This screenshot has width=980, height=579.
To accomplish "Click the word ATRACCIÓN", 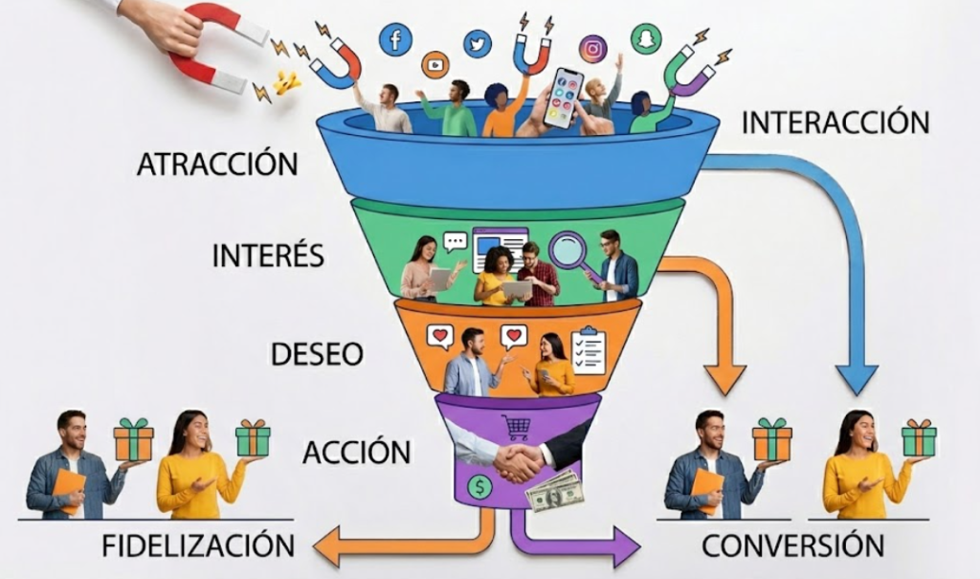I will click(x=217, y=163).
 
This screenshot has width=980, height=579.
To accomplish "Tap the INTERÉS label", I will click(x=268, y=256).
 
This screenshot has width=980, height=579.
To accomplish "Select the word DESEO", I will click(x=317, y=354).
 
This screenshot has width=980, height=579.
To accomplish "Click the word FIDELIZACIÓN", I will click(x=198, y=546).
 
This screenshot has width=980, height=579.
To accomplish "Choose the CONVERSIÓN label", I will click(x=792, y=546).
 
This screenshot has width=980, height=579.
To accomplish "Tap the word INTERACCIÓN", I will click(x=835, y=122).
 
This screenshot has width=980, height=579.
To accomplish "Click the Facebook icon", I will click(x=394, y=39).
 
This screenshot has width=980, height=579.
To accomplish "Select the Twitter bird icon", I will click(x=477, y=43).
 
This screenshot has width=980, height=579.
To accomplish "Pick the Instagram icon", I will click(x=592, y=48).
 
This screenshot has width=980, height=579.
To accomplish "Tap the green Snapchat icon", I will click(x=646, y=38).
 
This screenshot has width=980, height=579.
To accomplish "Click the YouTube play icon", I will click(x=434, y=65).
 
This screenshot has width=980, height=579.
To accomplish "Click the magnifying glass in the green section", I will click(x=568, y=252).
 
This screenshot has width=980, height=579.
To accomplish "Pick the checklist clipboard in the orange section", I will click(x=588, y=350).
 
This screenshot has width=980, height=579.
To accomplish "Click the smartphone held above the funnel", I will click(x=563, y=98).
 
